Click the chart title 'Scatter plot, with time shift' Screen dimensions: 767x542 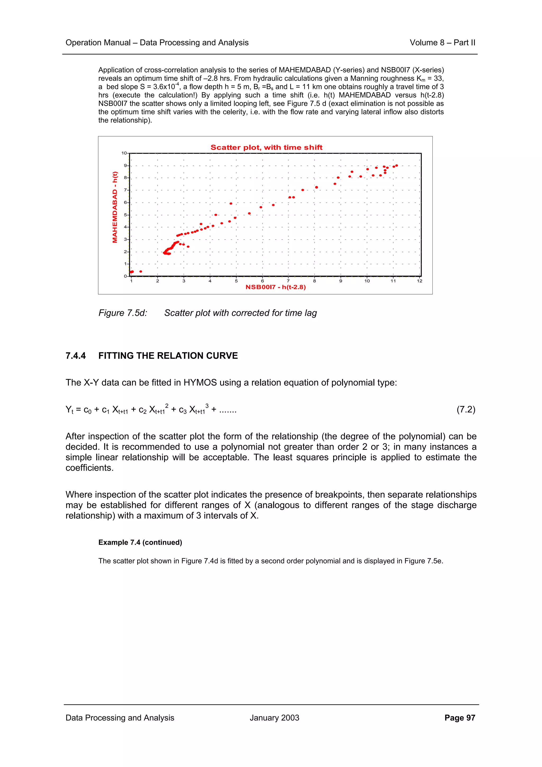tap(266, 147)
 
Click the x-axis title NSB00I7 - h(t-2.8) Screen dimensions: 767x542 tap(275, 287)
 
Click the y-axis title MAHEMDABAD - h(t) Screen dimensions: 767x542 tap(115, 207)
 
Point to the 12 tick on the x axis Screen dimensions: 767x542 tap(419, 281)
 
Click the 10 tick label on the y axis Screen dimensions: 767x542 tap(124, 153)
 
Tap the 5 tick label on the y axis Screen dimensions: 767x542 tap(125, 215)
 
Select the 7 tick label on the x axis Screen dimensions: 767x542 tap(288, 281)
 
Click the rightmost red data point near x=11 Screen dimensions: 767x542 tap(396, 165)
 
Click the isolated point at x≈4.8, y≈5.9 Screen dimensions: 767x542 tap(231, 204)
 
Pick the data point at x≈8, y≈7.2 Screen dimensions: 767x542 tap(316, 187)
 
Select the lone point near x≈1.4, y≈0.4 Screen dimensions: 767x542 tap(141, 271)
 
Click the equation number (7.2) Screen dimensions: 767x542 tap(466, 409)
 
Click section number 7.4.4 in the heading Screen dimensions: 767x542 tap(75, 356)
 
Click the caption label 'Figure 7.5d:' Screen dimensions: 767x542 tap(123, 313)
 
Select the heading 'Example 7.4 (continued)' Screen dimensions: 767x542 tap(140, 543)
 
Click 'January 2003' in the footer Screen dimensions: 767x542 tap(274, 718)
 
